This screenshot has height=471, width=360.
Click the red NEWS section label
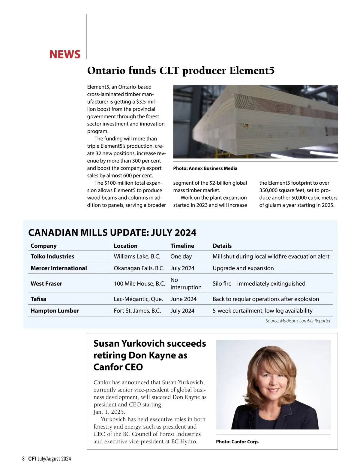coord(65,54)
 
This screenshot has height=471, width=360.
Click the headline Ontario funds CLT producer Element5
coord(181,71)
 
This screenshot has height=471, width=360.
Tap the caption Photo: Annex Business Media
coord(205,168)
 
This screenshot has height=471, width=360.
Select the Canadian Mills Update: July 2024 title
coord(112,233)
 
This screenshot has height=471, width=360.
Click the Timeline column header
coord(182,246)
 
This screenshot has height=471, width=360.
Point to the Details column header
coord(222,246)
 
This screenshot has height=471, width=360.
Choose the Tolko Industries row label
coord(52,256)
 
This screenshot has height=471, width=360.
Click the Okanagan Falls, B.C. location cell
coord(139,268)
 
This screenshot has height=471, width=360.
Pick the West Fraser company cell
coord(46,284)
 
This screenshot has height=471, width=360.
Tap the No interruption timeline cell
coord(186,284)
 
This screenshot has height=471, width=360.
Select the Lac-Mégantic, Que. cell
coord(138,299)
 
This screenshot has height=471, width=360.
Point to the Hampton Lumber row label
coord(55,311)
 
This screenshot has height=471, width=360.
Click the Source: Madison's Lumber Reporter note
coord(298,321)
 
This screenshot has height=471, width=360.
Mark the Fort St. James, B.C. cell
coord(137,311)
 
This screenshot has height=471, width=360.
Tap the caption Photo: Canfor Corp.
coord(237,442)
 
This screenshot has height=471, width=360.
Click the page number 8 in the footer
coord(23,459)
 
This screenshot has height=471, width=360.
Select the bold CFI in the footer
coord(32,459)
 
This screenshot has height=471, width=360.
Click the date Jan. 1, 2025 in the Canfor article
coord(109,412)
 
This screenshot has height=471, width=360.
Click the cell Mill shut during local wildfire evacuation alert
coord(271,256)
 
